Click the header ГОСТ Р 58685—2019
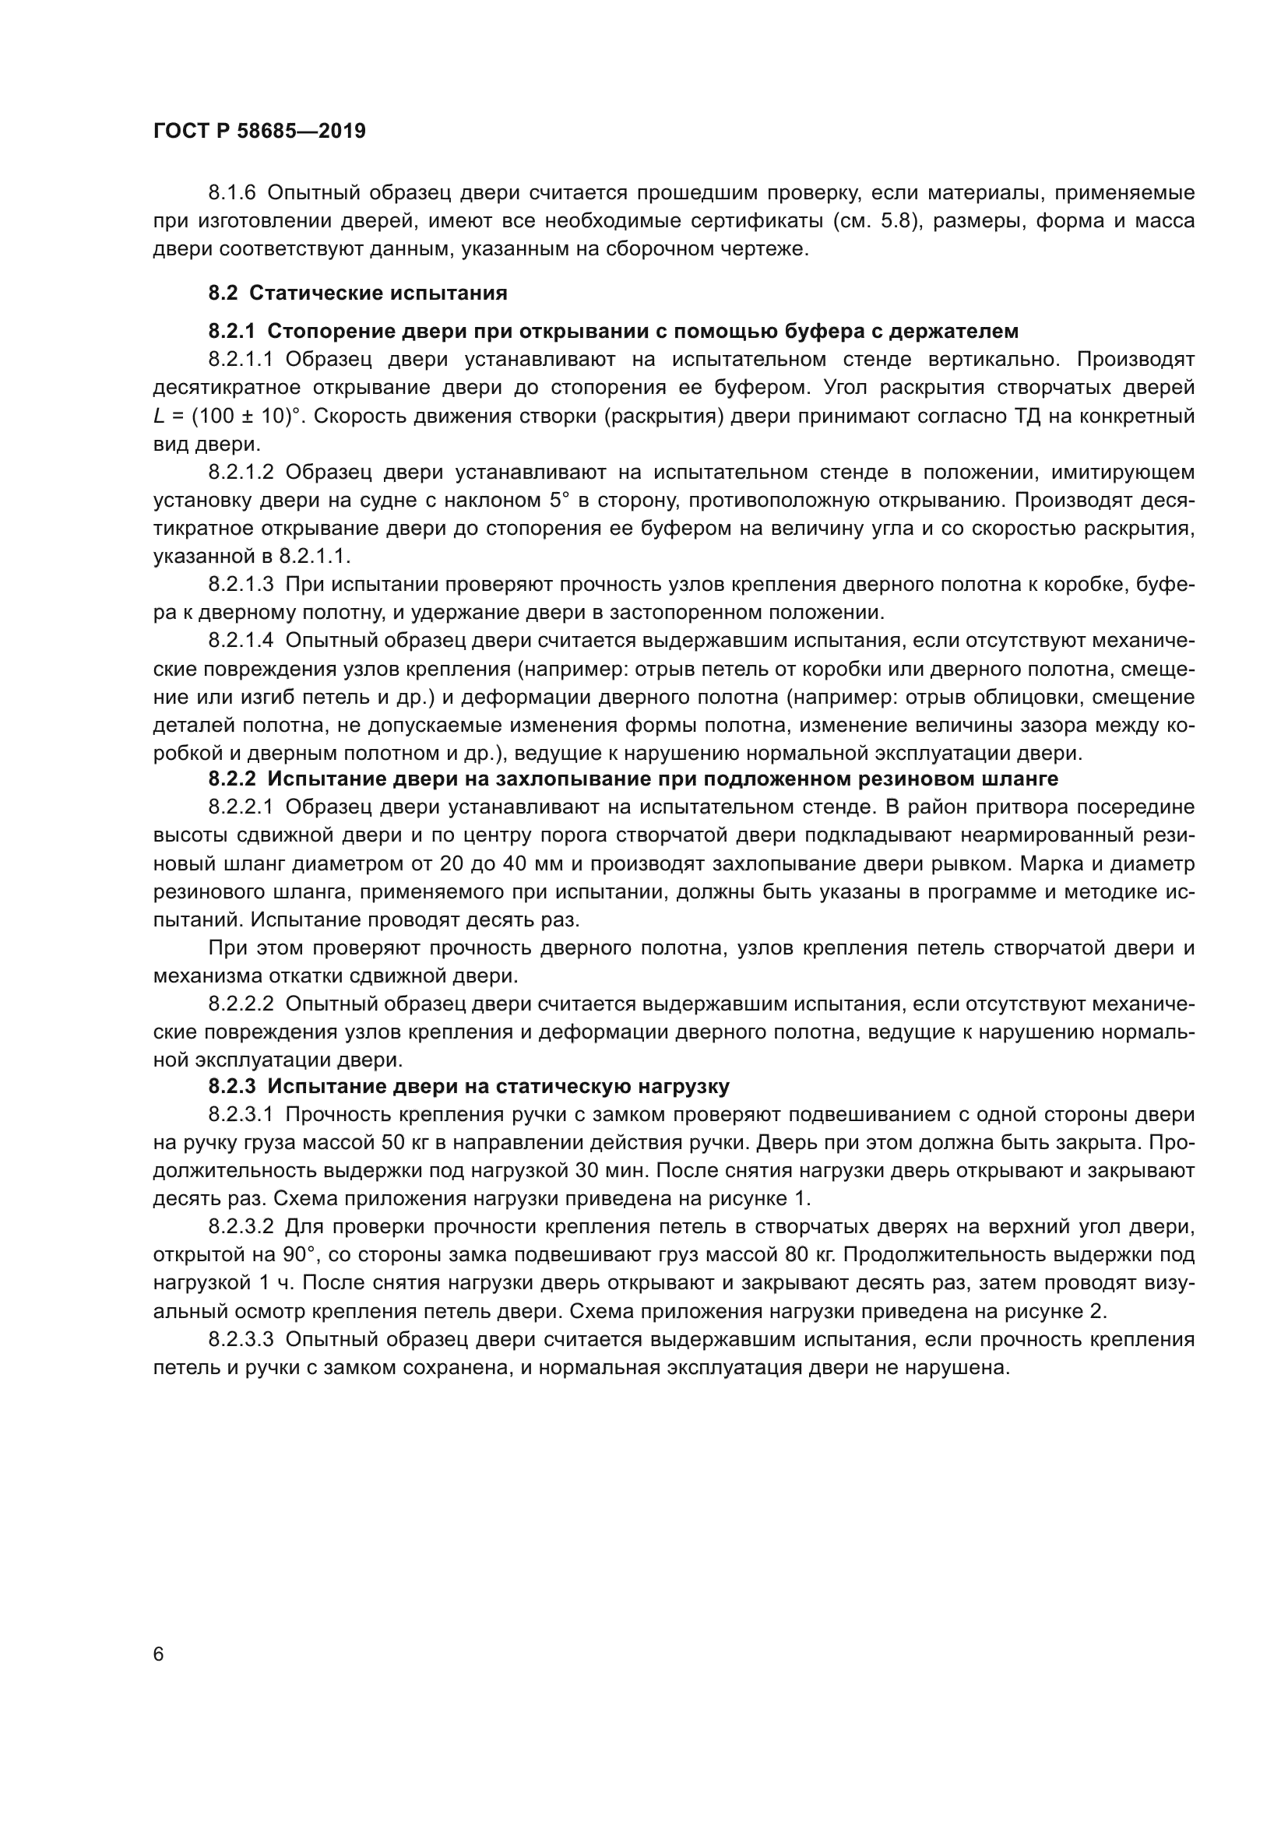[x=259, y=132]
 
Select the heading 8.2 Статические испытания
[x=357, y=294]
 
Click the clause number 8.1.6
[x=232, y=193]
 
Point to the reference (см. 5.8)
[x=875, y=220]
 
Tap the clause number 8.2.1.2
[x=241, y=473]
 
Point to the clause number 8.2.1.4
[x=241, y=641]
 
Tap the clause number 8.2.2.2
[x=241, y=1004]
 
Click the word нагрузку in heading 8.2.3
[x=681, y=1086]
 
